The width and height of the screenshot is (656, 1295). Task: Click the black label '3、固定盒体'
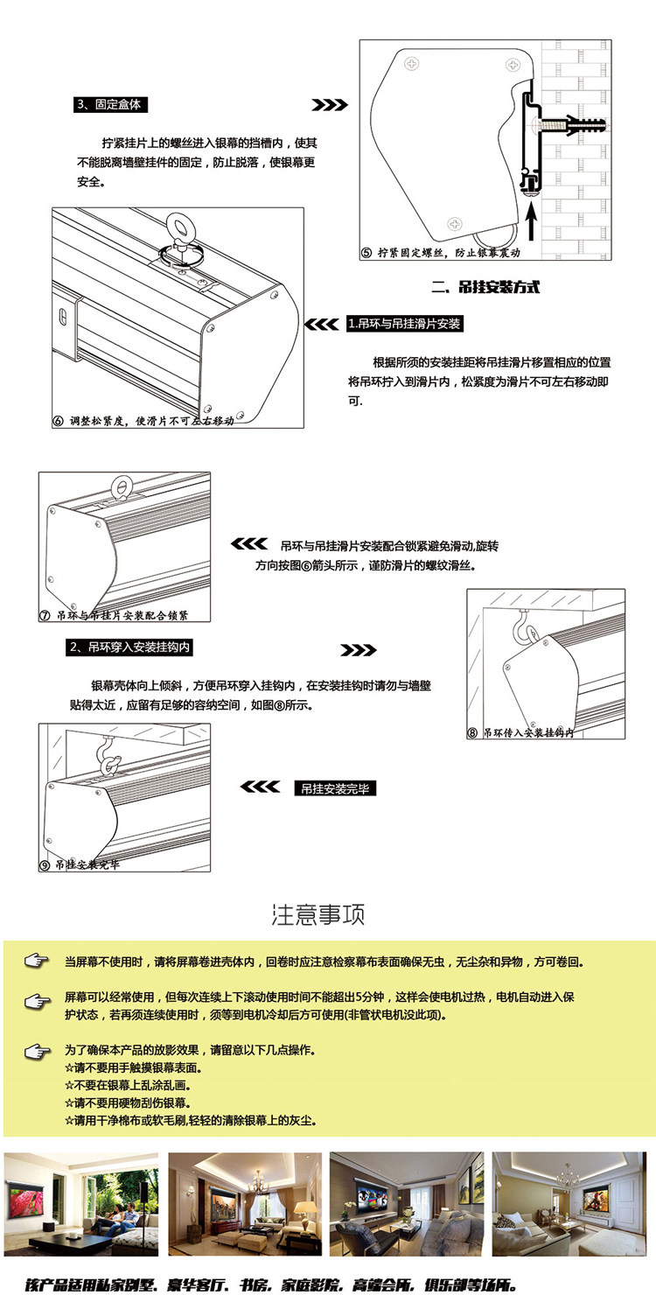coord(110,104)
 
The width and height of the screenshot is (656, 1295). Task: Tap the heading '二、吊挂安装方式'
coord(486,287)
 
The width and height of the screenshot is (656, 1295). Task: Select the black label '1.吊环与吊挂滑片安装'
coord(404,324)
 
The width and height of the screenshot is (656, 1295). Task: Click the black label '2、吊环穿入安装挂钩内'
coord(130,648)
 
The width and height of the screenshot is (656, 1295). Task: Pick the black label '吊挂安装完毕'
coord(335,788)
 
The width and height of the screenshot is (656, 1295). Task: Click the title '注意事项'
coord(318,915)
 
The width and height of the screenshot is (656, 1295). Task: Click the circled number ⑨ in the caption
coord(45,865)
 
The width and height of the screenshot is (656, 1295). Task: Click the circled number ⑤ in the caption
coord(366,253)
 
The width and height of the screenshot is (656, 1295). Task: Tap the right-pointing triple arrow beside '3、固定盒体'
coord(330,105)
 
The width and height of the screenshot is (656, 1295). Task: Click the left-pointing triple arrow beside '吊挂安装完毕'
coord(260,787)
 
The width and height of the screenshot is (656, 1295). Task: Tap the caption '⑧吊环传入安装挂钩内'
coord(521,732)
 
